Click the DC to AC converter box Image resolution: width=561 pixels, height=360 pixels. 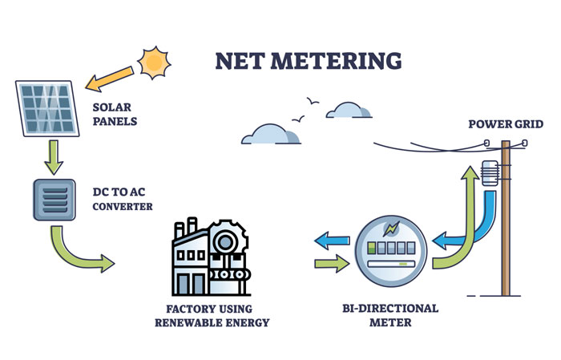pyautogui.click(x=54, y=200)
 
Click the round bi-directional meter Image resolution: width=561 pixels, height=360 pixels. pyautogui.click(x=392, y=249)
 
